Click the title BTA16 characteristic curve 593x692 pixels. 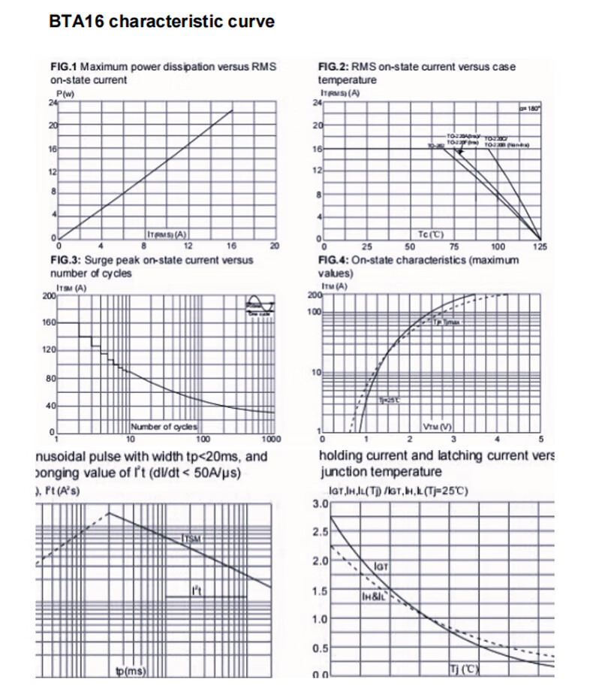point(161,21)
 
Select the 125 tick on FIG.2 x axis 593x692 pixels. point(540,246)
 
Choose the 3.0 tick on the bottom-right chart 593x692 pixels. point(319,503)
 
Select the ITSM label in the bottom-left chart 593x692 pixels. point(191,538)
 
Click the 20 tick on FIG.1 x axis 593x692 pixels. point(274,246)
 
